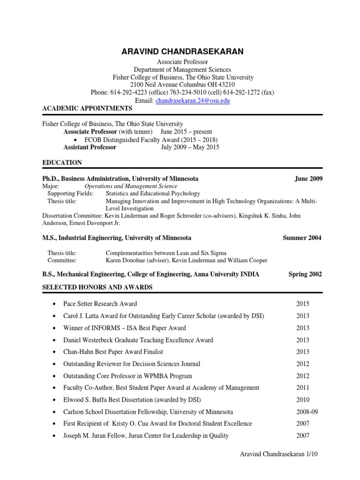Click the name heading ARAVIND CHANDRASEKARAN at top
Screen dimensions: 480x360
coord(182,52)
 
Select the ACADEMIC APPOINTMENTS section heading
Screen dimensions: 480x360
coord(87,109)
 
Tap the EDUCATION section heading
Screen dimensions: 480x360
coord(62,163)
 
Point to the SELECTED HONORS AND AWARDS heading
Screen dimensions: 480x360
coord(97,287)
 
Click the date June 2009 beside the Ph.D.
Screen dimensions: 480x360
coord(308,179)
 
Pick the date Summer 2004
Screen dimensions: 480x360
coord(302,238)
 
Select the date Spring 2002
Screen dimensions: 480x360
coord(305,274)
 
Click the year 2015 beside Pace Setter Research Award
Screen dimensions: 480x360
coord(303,304)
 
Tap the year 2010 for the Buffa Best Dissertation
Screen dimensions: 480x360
coord(303,400)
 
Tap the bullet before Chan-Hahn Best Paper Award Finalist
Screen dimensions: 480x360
coord(56,352)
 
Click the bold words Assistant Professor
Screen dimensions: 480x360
coord(90,147)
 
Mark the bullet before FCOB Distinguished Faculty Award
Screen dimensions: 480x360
coord(77,140)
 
